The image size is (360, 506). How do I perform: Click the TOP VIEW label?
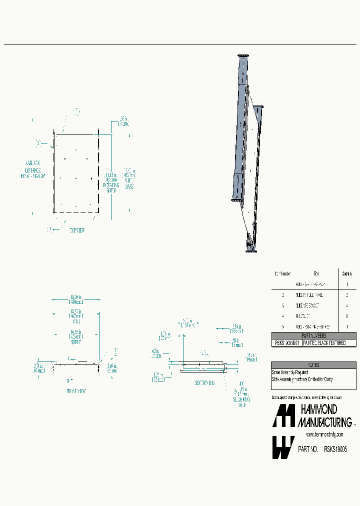[x=76, y=229]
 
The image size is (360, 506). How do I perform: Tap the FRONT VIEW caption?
[x=76, y=391]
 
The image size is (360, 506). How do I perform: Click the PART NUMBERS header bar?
[x=314, y=336]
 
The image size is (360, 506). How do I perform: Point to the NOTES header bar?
[x=314, y=365]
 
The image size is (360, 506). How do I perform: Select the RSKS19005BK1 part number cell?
[x=286, y=343]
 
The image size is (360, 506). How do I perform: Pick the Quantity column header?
[x=346, y=273]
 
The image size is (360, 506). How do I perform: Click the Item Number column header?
[x=282, y=273]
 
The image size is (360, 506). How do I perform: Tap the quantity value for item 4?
[x=346, y=316]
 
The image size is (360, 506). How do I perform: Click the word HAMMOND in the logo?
[x=318, y=410]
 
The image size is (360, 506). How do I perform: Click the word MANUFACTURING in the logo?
[x=324, y=422]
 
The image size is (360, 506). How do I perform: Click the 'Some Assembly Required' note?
[x=290, y=372]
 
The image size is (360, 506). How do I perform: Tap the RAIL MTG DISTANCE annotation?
[x=33, y=169]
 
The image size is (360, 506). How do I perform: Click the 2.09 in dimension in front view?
[x=112, y=369]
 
